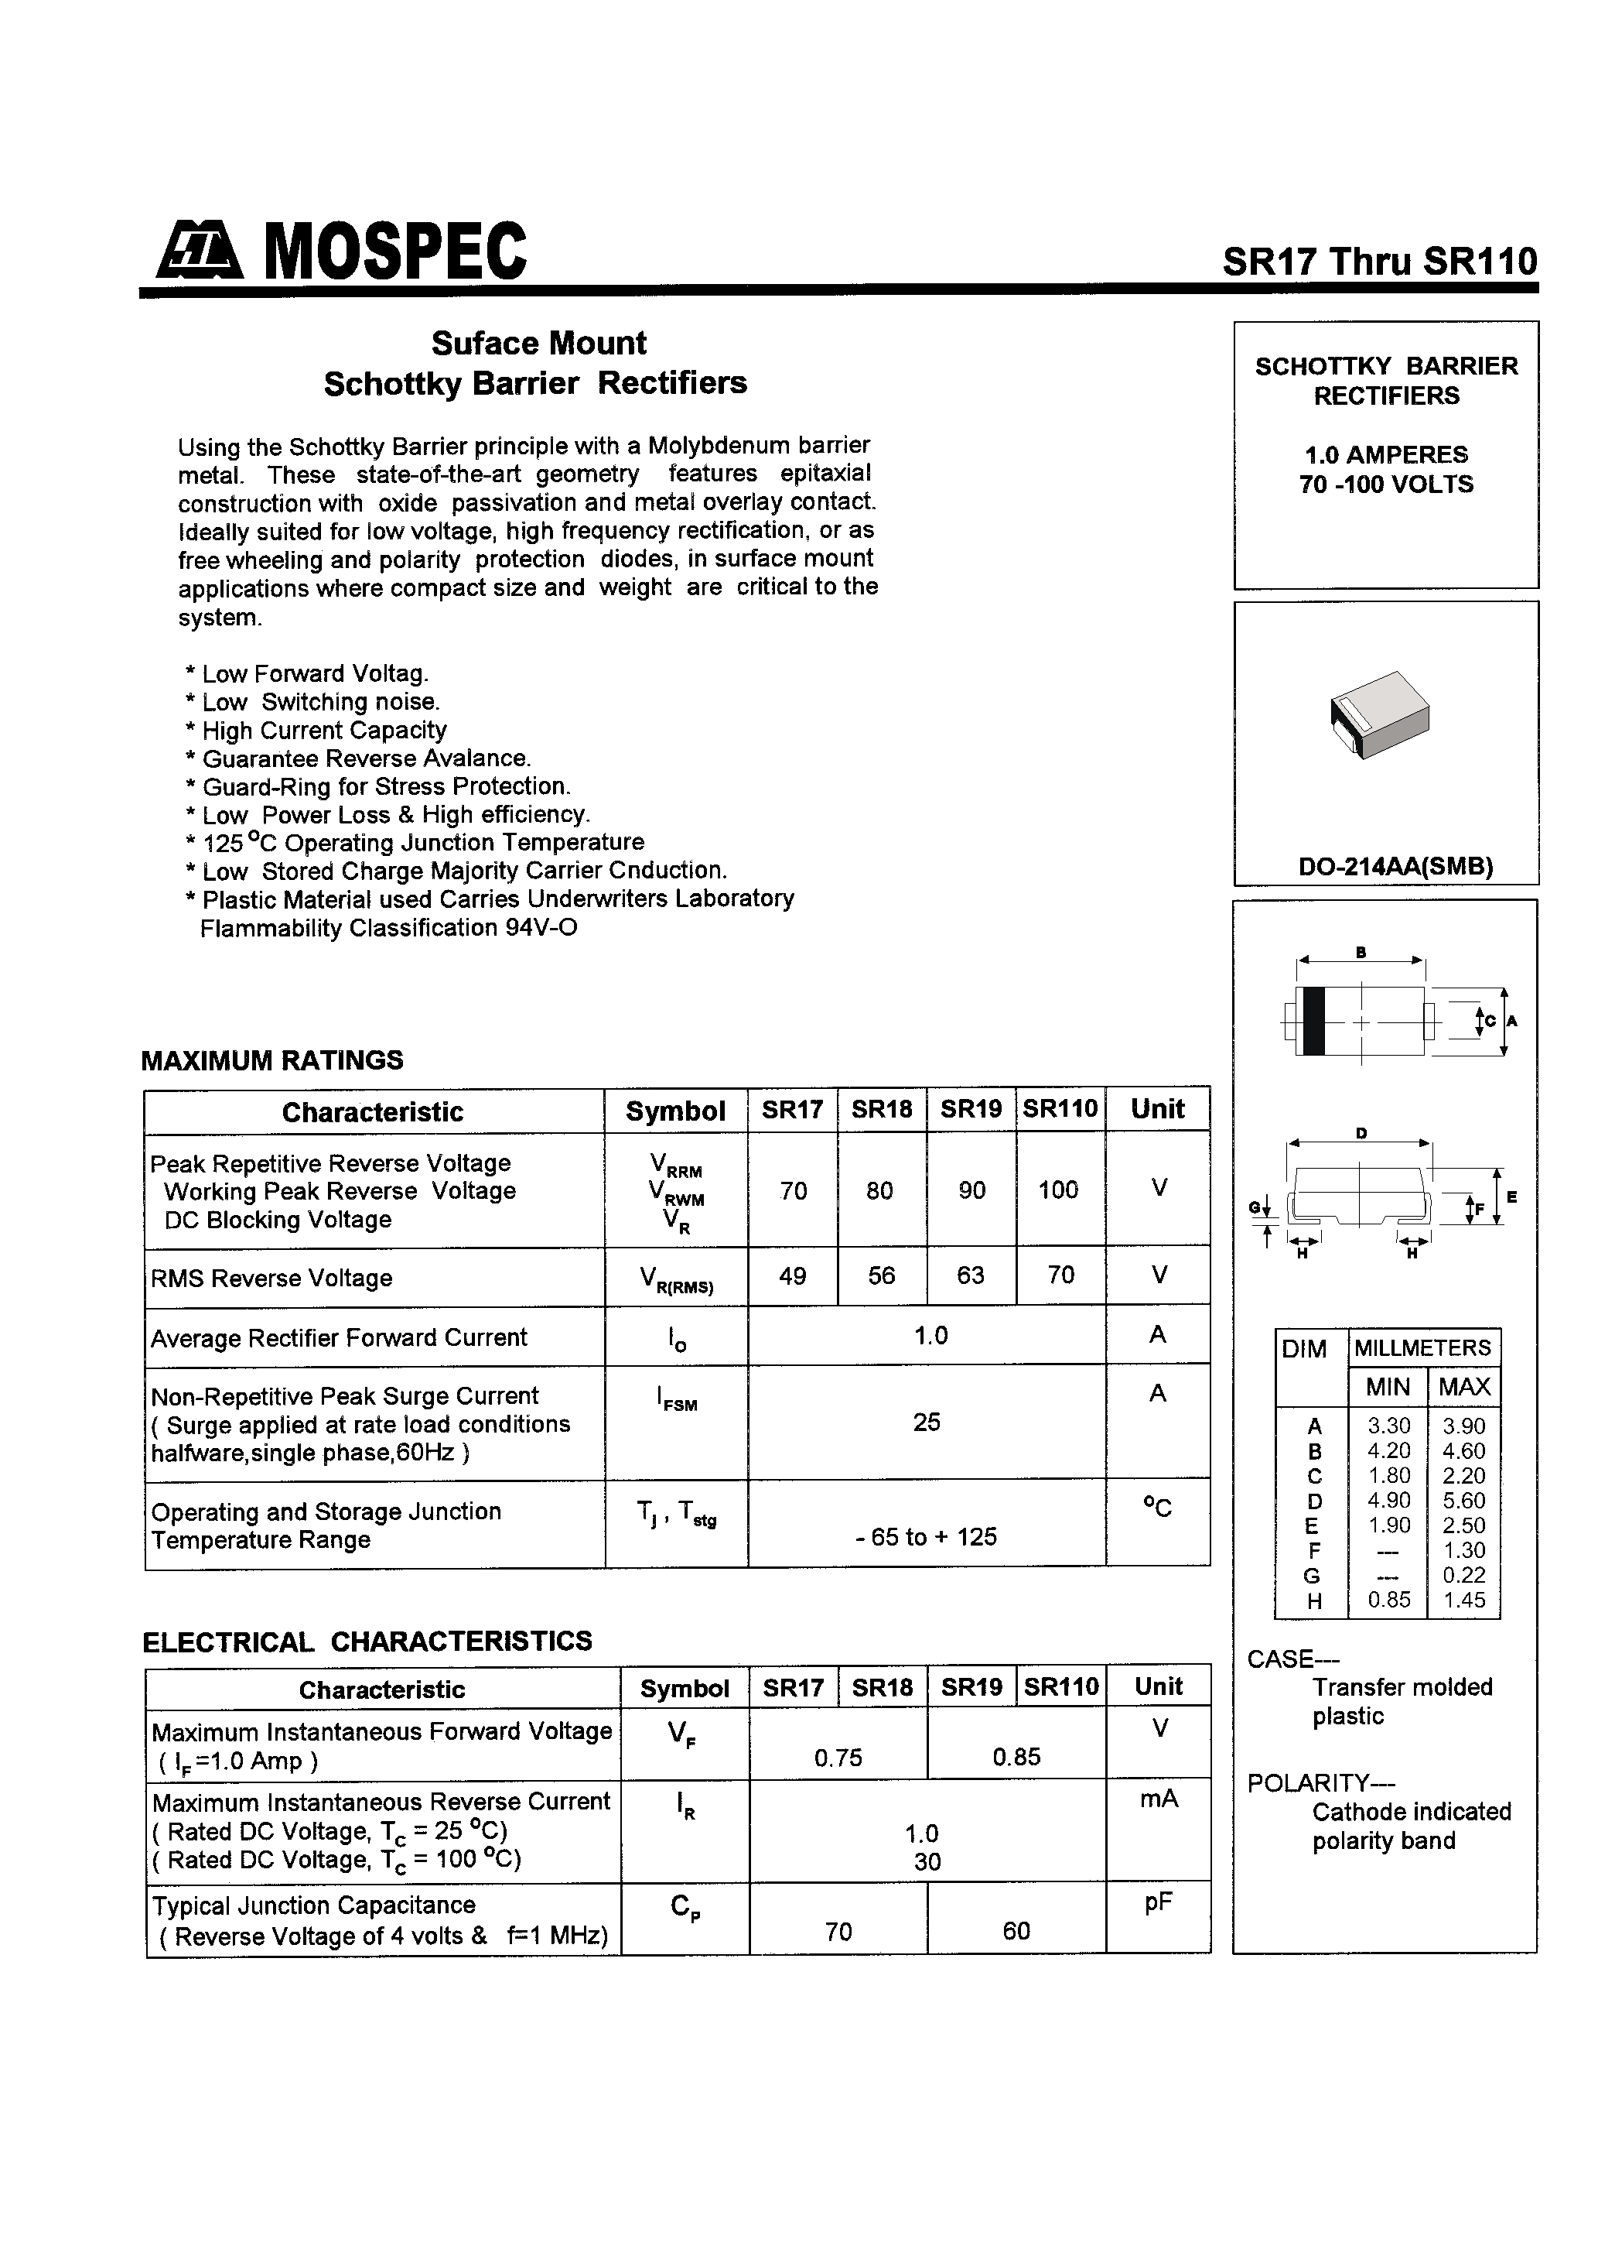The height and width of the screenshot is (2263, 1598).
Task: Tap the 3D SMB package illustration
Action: (1379, 714)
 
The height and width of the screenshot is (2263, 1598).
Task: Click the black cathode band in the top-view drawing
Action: (1313, 1021)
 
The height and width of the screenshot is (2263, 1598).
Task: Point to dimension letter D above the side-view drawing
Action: (1361, 1134)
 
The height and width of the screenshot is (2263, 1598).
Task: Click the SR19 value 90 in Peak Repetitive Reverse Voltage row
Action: (971, 1190)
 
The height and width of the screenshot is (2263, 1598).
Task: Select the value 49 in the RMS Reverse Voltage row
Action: (792, 1276)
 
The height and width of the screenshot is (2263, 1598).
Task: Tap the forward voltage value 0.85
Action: (1016, 1756)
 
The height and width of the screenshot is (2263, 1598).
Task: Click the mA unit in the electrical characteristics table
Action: (1159, 1799)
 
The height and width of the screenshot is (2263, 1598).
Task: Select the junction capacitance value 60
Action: (1016, 1931)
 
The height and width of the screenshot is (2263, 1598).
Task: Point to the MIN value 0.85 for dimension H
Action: (1388, 1600)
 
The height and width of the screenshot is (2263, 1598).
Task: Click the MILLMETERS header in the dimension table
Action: (1422, 1347)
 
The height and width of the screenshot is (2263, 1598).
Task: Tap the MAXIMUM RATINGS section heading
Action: (272, 1060)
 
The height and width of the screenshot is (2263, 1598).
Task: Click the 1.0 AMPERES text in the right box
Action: (1385, 454)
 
